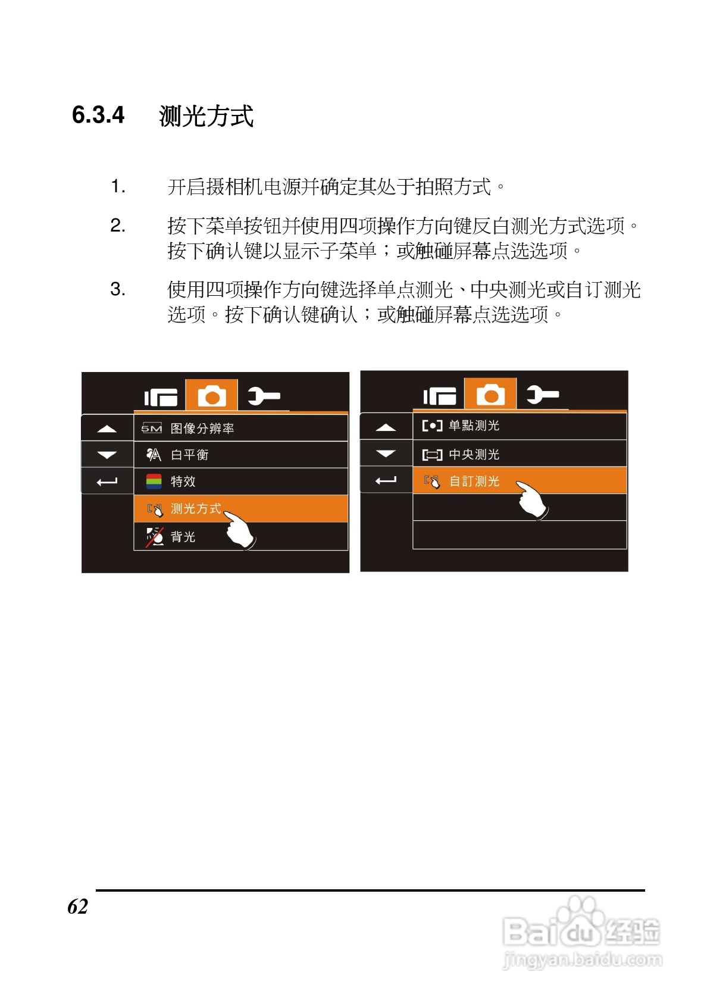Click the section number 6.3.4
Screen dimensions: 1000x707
pyautogui.click(x=98, y=115)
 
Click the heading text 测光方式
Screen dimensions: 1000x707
pyautogui.click(x=206, y=116)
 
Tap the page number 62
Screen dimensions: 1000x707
pyautogui.click(x=77, y=906)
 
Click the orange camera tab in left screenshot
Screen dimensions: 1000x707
pyautogui.click(x=212, y=395)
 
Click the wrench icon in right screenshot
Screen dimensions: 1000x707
pyautogui.click(x=542, y=394)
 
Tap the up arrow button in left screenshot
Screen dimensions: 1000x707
pyautogui.click(x=107, y=429)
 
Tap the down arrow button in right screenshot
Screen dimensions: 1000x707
pyautogui.click(x=386, y=454)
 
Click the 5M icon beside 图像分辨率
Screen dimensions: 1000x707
pyautogui.click(x=151, y=428)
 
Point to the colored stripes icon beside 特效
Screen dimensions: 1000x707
pyautogui.click(x=154, y=481)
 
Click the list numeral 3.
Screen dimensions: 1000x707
pyautogui.click(x=118, y=290)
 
